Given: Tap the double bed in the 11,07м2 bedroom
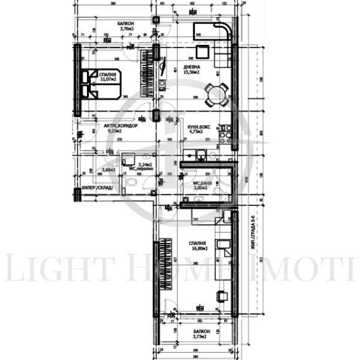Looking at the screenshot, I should (x=101, y=83).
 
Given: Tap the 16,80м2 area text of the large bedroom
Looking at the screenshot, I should (x=200, y=247).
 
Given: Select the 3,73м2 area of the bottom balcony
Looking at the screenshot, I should (x=200, y=337).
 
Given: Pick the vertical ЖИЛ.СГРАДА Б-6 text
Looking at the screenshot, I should (x=254, y=234).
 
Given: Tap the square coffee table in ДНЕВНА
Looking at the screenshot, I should (x=202, y=50).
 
